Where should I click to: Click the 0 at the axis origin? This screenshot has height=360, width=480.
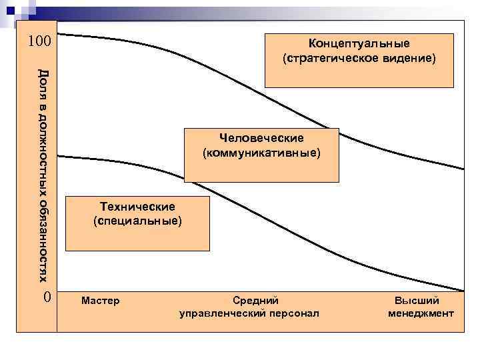(46, 297)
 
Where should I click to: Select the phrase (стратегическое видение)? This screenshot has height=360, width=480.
(359, 59)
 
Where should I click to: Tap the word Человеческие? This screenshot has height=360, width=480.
(261, 138)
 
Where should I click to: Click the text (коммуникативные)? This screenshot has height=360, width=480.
(261, 153)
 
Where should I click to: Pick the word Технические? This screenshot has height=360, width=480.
(137, 205)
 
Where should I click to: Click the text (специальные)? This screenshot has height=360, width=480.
(137, 219)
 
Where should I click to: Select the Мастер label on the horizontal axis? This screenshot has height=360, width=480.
(100, 301)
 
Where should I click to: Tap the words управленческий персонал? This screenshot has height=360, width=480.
(249, 313)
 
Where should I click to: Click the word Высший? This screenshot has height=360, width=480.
(417, 301)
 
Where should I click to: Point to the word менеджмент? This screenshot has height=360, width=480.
(421, 313)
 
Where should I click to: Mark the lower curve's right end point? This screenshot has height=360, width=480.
(463, 291)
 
